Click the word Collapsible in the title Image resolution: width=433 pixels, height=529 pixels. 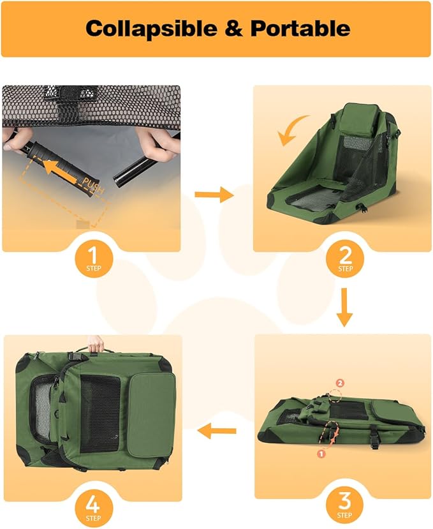coord(151,28)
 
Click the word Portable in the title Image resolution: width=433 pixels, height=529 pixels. coord(300,28)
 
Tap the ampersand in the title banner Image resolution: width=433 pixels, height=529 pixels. coord(234,28)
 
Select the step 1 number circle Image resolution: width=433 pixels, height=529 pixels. coord(94,259)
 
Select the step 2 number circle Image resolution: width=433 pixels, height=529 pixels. coord(344,259)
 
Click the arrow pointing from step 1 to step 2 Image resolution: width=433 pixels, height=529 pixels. coord(214,195)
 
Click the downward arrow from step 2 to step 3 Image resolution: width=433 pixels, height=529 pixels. coord(344,307)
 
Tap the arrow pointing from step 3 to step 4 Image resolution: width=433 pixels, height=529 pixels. coord(217,431)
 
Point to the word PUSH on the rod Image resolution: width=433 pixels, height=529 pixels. coord(92,186)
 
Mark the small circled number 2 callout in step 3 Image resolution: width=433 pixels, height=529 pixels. coord(340,383)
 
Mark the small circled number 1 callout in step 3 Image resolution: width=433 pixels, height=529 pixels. coord(321,454)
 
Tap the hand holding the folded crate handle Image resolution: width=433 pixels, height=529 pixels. coord(96,344)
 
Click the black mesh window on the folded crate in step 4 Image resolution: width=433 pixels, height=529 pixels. coord(100,413)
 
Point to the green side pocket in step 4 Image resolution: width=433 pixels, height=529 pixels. coord(151,415)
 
